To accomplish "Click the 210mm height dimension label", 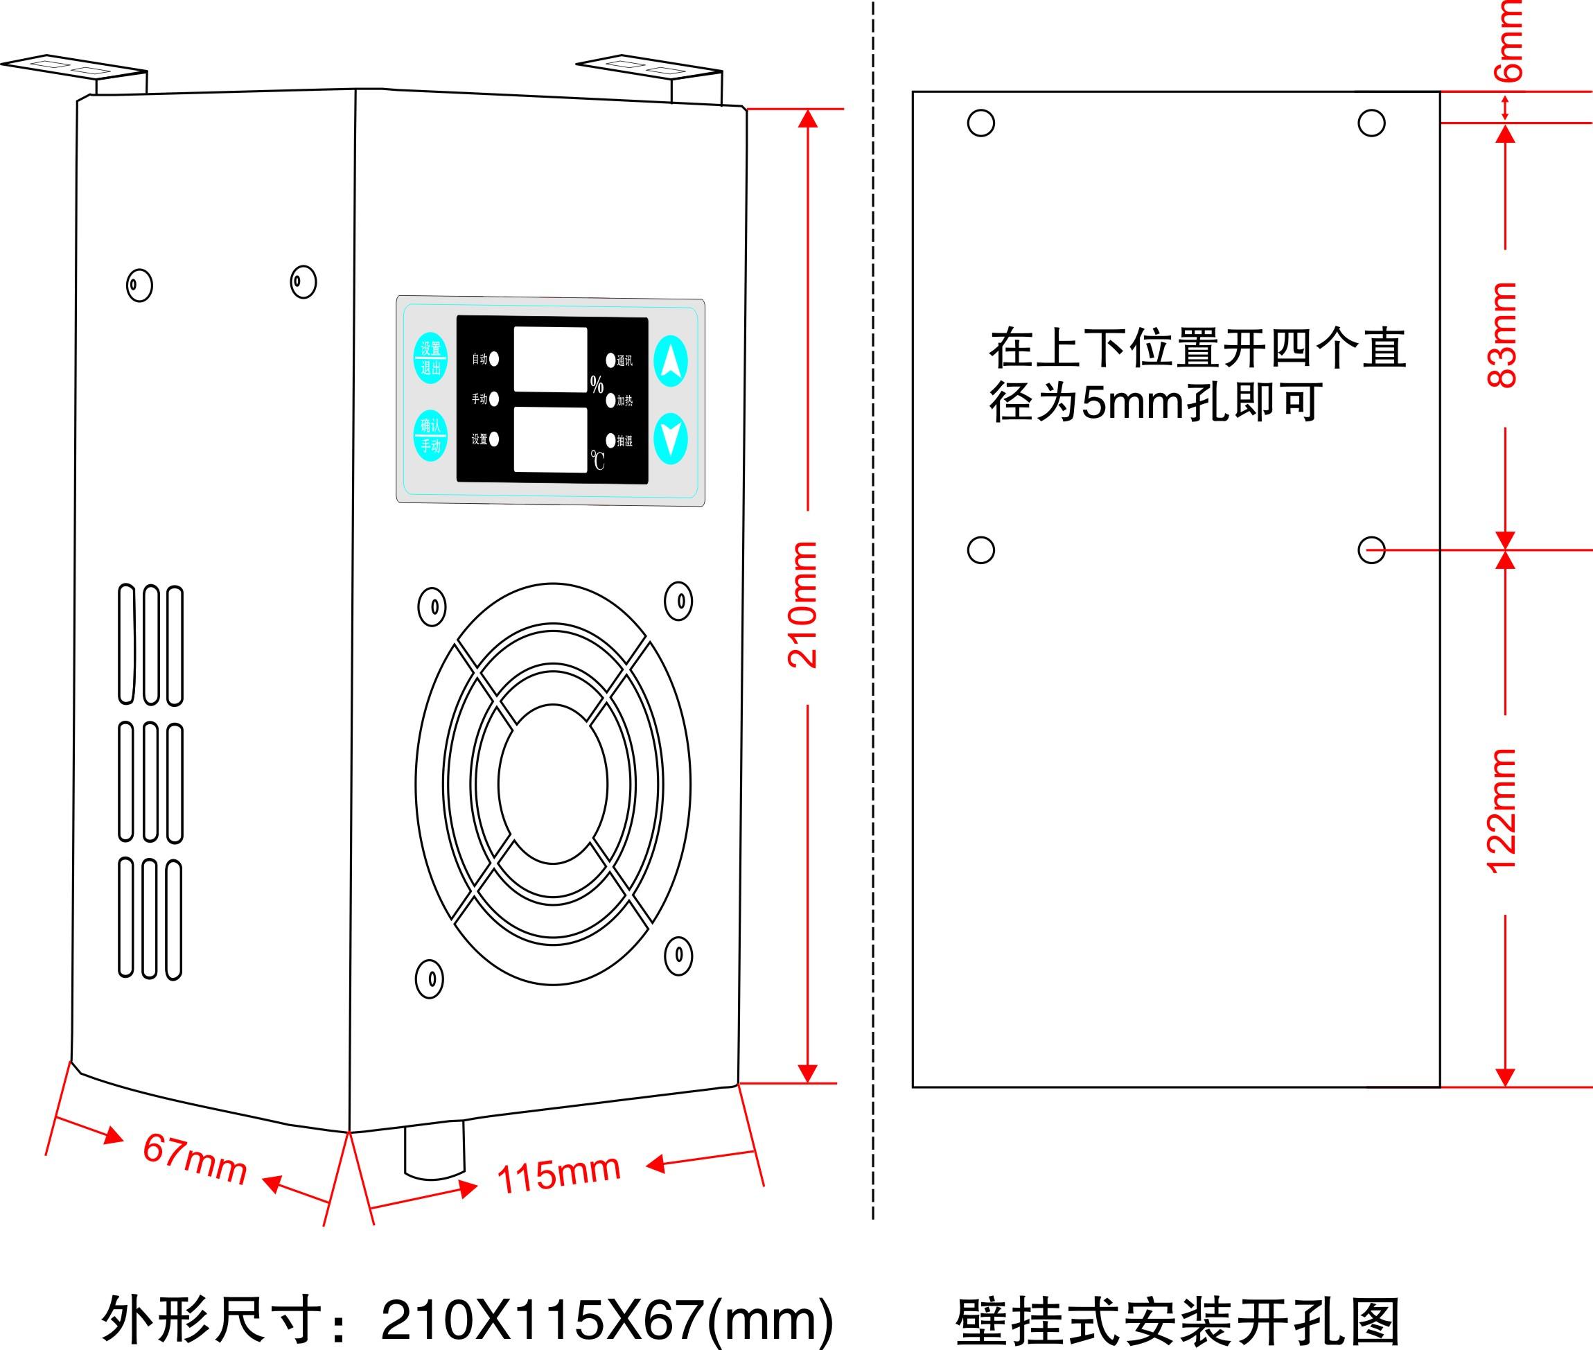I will coord(803,604).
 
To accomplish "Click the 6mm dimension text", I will coord(1509,42).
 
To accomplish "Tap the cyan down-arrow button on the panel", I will coord(670,439).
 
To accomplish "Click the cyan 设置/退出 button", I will coord(430,358).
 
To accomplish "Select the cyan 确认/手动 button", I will coord(430,436).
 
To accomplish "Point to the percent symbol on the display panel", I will coord(597,384).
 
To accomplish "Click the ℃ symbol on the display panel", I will coord(597,460).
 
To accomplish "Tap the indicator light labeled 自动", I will coord(494,359).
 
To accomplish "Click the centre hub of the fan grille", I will coord(552,784).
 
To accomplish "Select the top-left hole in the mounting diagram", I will coord(981,123).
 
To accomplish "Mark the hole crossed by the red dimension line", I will coord(1371,550).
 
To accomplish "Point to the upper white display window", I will coord(550,360).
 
